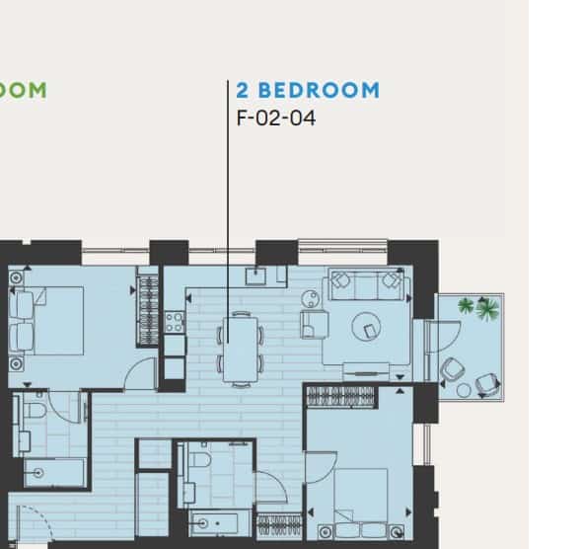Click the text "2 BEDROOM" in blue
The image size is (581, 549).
(x=307, y=91)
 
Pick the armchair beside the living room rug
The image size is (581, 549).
(x=315, y=323)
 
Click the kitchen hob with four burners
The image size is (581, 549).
(x=175, y=321)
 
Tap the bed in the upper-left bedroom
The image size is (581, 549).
(x=49, y=319)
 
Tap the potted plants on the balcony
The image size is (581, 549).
(x=478, y=308)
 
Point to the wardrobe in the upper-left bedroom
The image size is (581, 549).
(x=148, y=309)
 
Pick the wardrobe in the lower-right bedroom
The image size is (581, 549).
(x=341, y=397)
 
